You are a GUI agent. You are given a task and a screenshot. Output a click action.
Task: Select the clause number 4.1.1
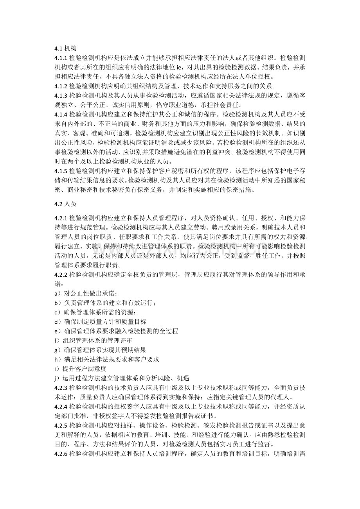pos(61,58)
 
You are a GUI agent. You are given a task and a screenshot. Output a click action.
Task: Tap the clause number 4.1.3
pos(61,95)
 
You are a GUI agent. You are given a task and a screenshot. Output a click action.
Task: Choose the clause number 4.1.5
pos(61,171)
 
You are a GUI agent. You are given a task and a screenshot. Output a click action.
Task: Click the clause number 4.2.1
pos(61,218)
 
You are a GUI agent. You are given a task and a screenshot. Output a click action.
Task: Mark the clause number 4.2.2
pos(61,274)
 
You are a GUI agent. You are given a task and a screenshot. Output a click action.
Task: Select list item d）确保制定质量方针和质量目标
pos(101,322)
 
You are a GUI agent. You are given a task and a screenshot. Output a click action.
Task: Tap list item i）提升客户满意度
pos(80,369)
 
